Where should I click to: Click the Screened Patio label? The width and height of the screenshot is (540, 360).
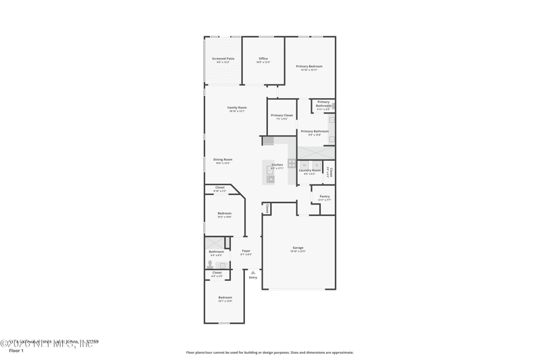[x=223, y=59]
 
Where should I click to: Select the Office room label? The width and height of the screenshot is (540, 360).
[x=263, y=59]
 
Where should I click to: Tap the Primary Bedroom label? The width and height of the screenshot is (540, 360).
[x=309, y=67]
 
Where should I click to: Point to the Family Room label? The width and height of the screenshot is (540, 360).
[x=237, y=108]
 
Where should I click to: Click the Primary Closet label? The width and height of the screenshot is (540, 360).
[x=281, y=116]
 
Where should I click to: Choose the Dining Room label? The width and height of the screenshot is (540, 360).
[x=223, y=160]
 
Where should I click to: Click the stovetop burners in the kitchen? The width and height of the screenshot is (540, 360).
[x=292, y=163]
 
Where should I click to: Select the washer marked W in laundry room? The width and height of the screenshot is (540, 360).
[x=304, y=164]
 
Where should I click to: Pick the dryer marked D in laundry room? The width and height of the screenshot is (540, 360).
[x=317, y=164]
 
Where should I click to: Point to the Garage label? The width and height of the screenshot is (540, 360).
[x=298, y=249]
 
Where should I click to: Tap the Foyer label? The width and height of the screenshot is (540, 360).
[x=246, y=251]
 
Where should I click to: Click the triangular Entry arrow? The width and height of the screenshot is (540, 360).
[x=253, y=272]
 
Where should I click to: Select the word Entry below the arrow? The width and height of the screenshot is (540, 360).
[x=253, y=278]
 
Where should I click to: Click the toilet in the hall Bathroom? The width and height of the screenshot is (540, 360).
[x=210, y=264]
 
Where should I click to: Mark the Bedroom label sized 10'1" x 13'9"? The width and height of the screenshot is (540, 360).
[x=225, y=298]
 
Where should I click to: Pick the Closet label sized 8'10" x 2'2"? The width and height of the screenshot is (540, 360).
[x=220, y=188]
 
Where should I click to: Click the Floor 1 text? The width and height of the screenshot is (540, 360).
[x=16, y=351]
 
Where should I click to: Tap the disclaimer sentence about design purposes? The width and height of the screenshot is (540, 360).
[x=269, y=353]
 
